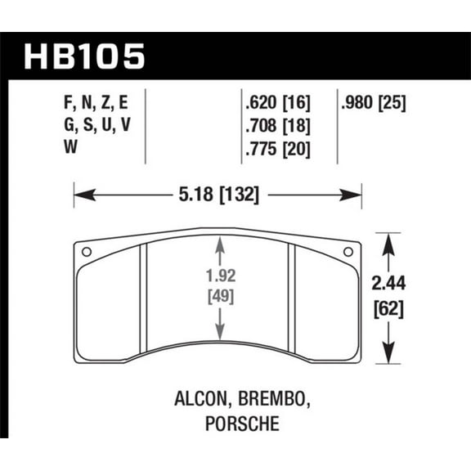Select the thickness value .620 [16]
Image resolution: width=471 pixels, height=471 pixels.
pyautogui.click(x=279, y=104)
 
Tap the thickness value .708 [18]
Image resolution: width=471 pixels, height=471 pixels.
pyautogui.click(x=279, y=127)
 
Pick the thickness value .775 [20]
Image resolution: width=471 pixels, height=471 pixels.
pyautogui.click(x=279, y=150)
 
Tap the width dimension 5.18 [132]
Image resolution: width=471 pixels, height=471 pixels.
pyautogui.click(x=218, y=195)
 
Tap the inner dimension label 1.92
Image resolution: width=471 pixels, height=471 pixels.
pyautogui.click(x=218, y=276)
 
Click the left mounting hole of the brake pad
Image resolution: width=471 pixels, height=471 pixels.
pyautogui.click(x=87, y=251)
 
